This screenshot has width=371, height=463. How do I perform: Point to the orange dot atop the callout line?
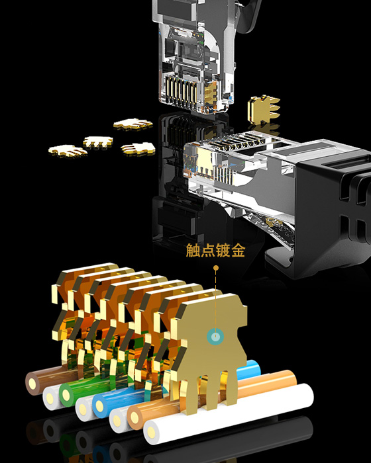tap(215, 268)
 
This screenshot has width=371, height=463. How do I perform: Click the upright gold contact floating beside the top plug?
tap(263, 107)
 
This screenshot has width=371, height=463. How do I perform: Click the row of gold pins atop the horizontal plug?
tap(238, 142)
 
